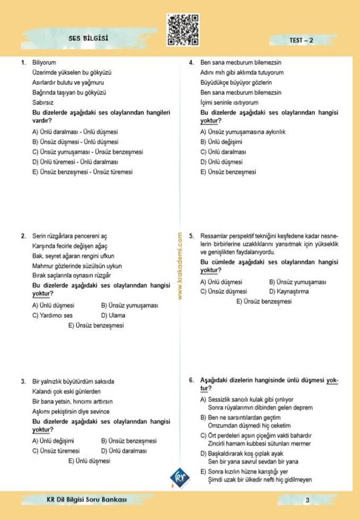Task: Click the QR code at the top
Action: pyautogui.click(x=183, y=30)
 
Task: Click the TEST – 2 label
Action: pyautogui.click(x=301, y=40)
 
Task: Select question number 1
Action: pyautogui.click(x=23, y=63)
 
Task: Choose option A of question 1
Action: pyautogui.click(x=75, y=132)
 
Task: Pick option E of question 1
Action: pyautogui.click(x=82, y=172)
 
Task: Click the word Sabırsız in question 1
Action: pyautogui.click(x=43, y=103)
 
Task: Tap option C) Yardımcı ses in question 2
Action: pyautogui.click(x=52, y=315)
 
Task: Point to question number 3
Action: pyautogui.click(x=23, y=382)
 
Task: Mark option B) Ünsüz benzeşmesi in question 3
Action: pyautogui.click(x=128, y=441)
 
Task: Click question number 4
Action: pyautogui.click(x=191, y=63)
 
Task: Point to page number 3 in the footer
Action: pyautogui.click(x=307, y=500)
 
